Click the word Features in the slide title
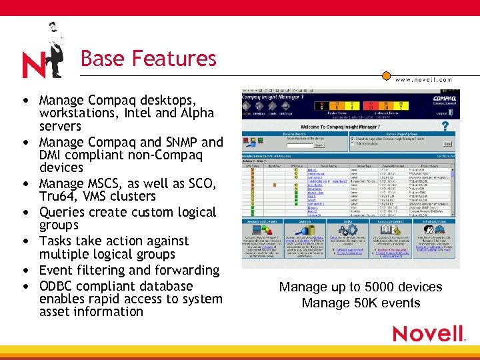174,59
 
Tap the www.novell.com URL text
423,79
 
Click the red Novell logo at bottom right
427,333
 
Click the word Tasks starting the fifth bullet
56,241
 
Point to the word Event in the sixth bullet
56,270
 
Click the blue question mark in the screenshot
445,126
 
